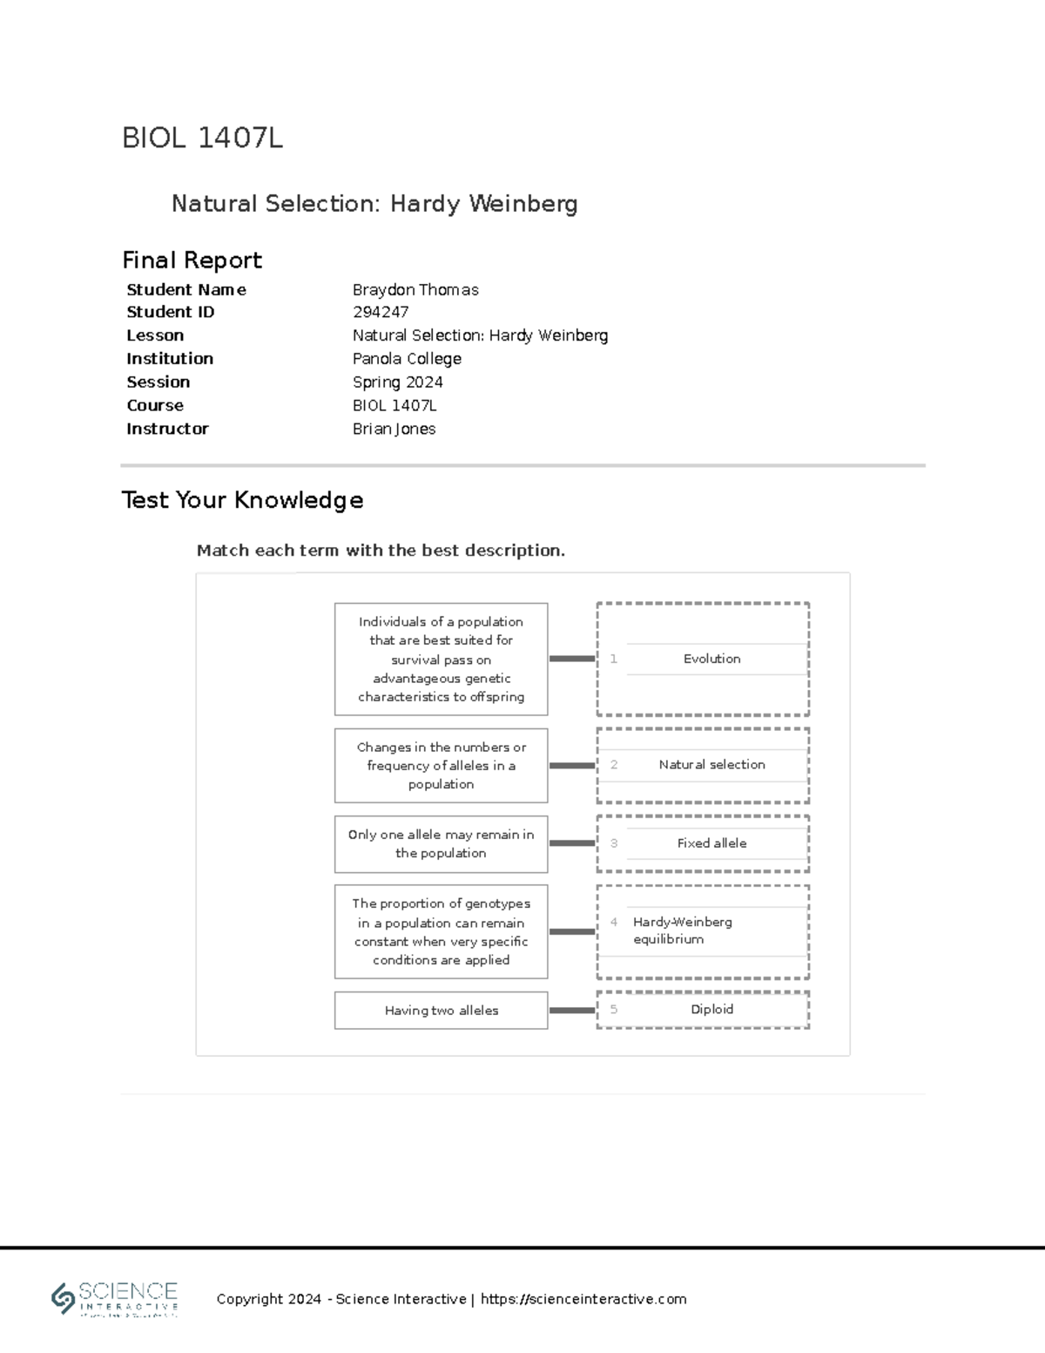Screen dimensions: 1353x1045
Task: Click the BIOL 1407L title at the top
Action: (x=202, y=138)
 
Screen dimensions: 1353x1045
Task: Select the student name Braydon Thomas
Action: (x=415, y=290)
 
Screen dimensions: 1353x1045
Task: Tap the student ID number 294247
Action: (x=381, y=312)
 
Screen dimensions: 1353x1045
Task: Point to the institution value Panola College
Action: (x=407, y=359)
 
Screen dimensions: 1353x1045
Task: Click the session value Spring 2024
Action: (x=397, y=382)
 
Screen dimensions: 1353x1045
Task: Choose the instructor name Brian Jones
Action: (x=394, y=429)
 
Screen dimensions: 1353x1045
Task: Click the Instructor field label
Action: (x=167, y=429)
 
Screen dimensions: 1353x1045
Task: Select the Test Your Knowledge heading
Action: (x=242, y=500)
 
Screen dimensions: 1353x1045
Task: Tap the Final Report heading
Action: (x=192, y=260)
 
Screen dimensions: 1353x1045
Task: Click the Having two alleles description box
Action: (x=442, y=1011)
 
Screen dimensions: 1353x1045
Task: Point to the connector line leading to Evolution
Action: (x=572, y=660)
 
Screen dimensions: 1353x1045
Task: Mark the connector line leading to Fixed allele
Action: (x=572, y=843)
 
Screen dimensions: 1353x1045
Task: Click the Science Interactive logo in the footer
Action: (x=115, y=1299)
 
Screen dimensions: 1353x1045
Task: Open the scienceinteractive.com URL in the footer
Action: (x=583, y=1299)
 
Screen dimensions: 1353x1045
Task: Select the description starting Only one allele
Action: (x=442, y=844)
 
